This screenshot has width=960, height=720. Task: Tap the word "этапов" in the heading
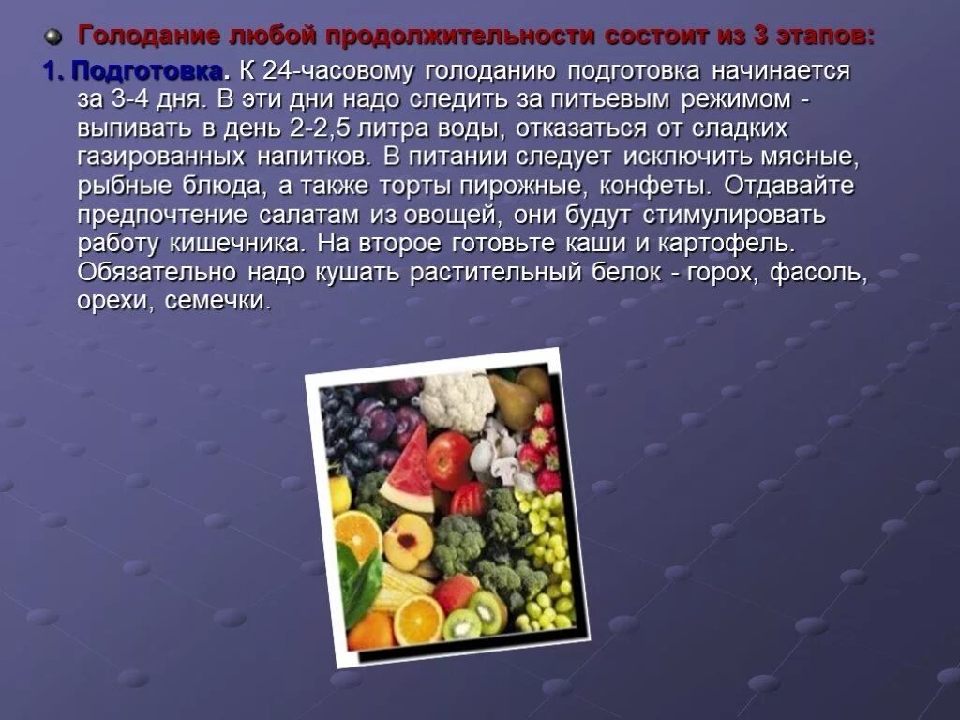[x=825, y=37]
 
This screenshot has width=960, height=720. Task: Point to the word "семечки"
[x=217, y=302]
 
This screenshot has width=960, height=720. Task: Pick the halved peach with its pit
[x=409, y=541]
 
